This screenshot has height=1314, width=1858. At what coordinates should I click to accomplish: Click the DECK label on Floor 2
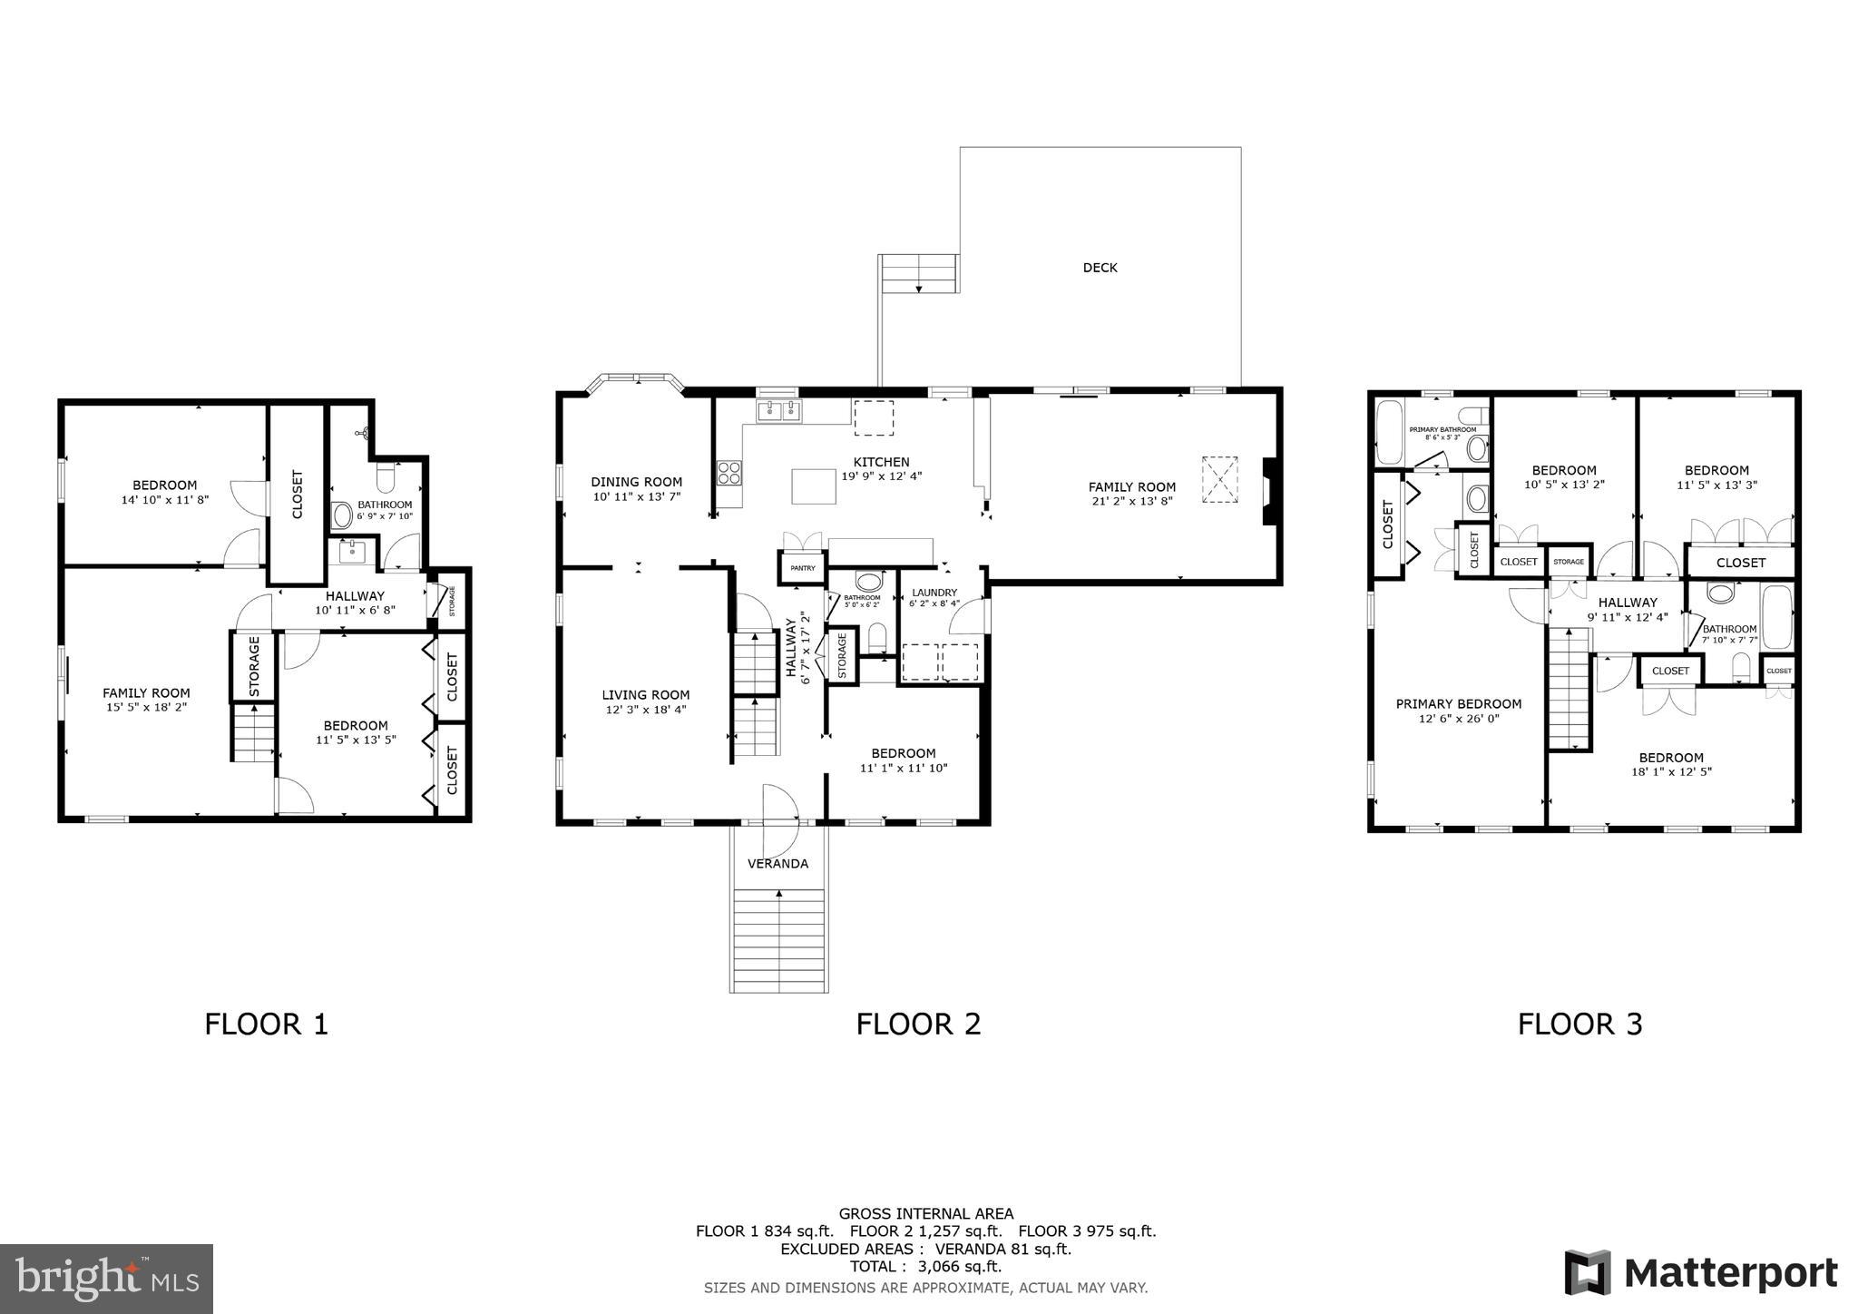pyautogui.click(x=1100, y=268)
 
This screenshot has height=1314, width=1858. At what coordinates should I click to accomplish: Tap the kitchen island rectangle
pyautogui.click(x=813, y=485)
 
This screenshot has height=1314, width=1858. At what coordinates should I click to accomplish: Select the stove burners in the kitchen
pyautogui.click(x=729, y=472)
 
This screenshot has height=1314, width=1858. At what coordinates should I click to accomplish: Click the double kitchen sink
pyautogui.click(x=779, y=411)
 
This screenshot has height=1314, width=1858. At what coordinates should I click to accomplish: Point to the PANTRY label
pyautogui.click(x=803, y=568)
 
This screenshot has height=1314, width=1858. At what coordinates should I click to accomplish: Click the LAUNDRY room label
pyautogui.click(x=934, y=593)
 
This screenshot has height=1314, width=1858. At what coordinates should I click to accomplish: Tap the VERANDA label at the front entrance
pyautogui.click(x=777, y=863)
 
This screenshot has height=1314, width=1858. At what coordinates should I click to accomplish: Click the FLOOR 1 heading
pyautogui.click(x=266, y=1024)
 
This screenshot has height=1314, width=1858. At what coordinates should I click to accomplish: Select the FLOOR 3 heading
pyautogui.click(x=1579, y=1024)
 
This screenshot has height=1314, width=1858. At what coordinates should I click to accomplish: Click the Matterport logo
pyautogui.click(x=1701, y=1273)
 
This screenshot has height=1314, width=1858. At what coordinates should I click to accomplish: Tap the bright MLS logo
pyautogui.click(x=106, y=1279)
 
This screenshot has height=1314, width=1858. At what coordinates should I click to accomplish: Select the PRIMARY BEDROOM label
pyautogui.click(x=1458, y=703)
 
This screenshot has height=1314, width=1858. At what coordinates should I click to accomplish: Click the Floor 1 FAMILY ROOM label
pyautogui.click(x=146, y=692)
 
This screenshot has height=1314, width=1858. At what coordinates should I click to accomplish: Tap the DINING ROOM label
pyautogui.click(x=636, y=482)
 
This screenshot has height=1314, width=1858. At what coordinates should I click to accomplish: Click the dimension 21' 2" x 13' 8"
pyautogui.click(x=1131, y=501)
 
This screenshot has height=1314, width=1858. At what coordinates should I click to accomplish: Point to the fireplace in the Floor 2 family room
pyautogui.click(x=1271, y=491)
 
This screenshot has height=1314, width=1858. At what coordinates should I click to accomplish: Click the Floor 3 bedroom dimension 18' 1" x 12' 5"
pyautogui.click(x=1670, y=772)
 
